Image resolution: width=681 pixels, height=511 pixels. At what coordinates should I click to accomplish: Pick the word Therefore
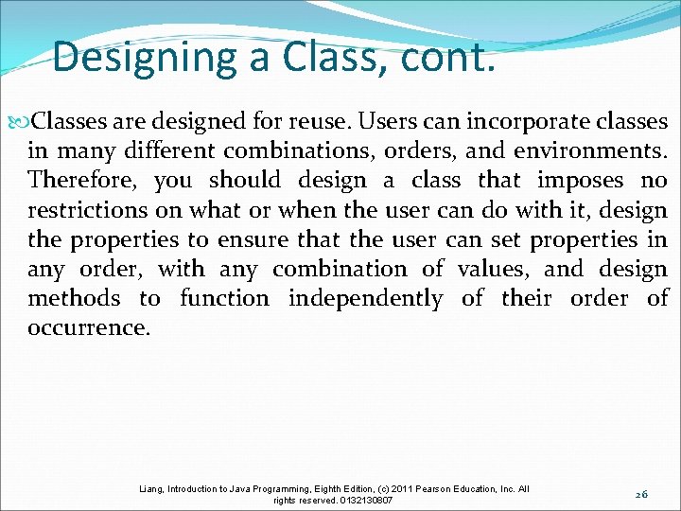click(82, 181)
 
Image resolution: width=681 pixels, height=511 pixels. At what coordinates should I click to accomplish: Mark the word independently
click(365, 299)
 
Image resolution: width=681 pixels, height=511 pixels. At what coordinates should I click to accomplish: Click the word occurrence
click(87, 328)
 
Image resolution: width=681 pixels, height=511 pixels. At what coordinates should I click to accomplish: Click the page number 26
click(642, 493)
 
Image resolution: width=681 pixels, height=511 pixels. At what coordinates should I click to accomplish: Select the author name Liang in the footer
click(151, 488)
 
